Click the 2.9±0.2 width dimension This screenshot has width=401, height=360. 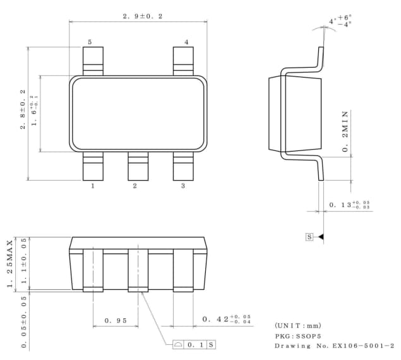[x=143, y=16]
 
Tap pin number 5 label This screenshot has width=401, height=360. [x=90, y=42]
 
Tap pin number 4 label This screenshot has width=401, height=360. [x=186, y=42]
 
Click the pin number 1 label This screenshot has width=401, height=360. [x=93, y=186]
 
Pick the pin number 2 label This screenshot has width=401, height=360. [x=135, y=186]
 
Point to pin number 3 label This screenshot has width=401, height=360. [x=183, y=186]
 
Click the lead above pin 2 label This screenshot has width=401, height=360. [x=138, y=166]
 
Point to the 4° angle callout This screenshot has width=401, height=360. [x=340, y=21]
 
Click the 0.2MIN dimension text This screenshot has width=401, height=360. [x=346, y=132]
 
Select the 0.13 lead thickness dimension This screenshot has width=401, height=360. [x=350, y=205]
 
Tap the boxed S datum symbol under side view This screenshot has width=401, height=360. [x=309, y=237]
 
